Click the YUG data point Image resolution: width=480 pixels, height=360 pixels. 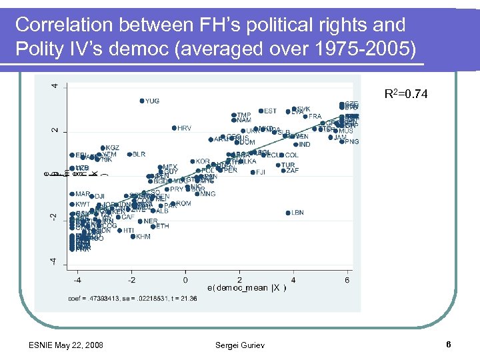(x=142, y=101)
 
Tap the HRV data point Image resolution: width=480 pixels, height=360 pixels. (x=173, y=127)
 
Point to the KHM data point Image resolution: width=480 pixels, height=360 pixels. (x=132, y=237)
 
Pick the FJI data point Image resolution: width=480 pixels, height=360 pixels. (x=253, y=172)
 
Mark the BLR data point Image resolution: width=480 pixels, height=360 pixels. (x=129, y=154)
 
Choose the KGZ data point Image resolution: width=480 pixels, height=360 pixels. (x=103, y=148)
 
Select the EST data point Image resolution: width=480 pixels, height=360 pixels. (x=261, y=111)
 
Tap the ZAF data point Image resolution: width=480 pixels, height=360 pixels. (x=283, y=171)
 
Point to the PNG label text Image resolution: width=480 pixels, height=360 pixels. (x=353, y=142)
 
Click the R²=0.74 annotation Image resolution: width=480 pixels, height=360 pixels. (x=407, y=95)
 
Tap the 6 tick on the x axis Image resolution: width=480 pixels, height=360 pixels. (x=347, y=279)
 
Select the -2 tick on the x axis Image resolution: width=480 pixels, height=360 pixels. (x=131, y=279)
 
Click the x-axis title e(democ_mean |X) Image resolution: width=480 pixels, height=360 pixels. (x=247, y=288)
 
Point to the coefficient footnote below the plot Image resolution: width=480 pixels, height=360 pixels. (x=133, y=298)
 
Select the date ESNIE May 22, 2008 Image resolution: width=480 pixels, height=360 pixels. (x=66, y=345)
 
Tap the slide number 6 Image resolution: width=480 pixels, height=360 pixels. (x=449, y=345)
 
